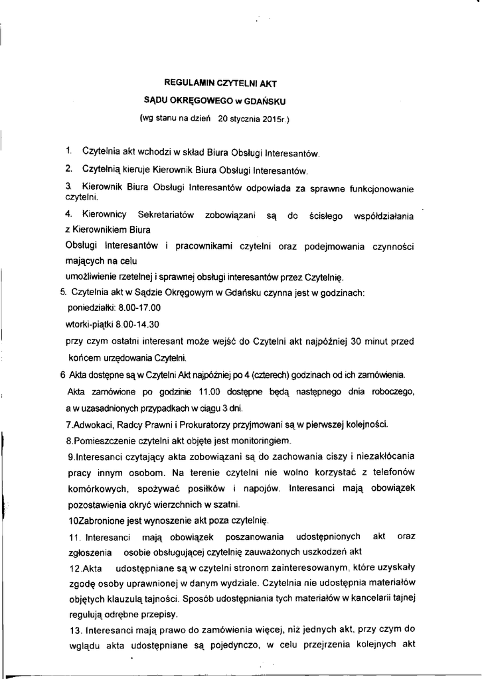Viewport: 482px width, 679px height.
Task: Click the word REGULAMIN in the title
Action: (184, 84)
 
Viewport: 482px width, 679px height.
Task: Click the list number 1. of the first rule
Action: (68, 153)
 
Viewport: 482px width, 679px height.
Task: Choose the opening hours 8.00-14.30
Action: (139, 325)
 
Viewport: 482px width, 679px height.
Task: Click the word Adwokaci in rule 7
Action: (94, 424)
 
